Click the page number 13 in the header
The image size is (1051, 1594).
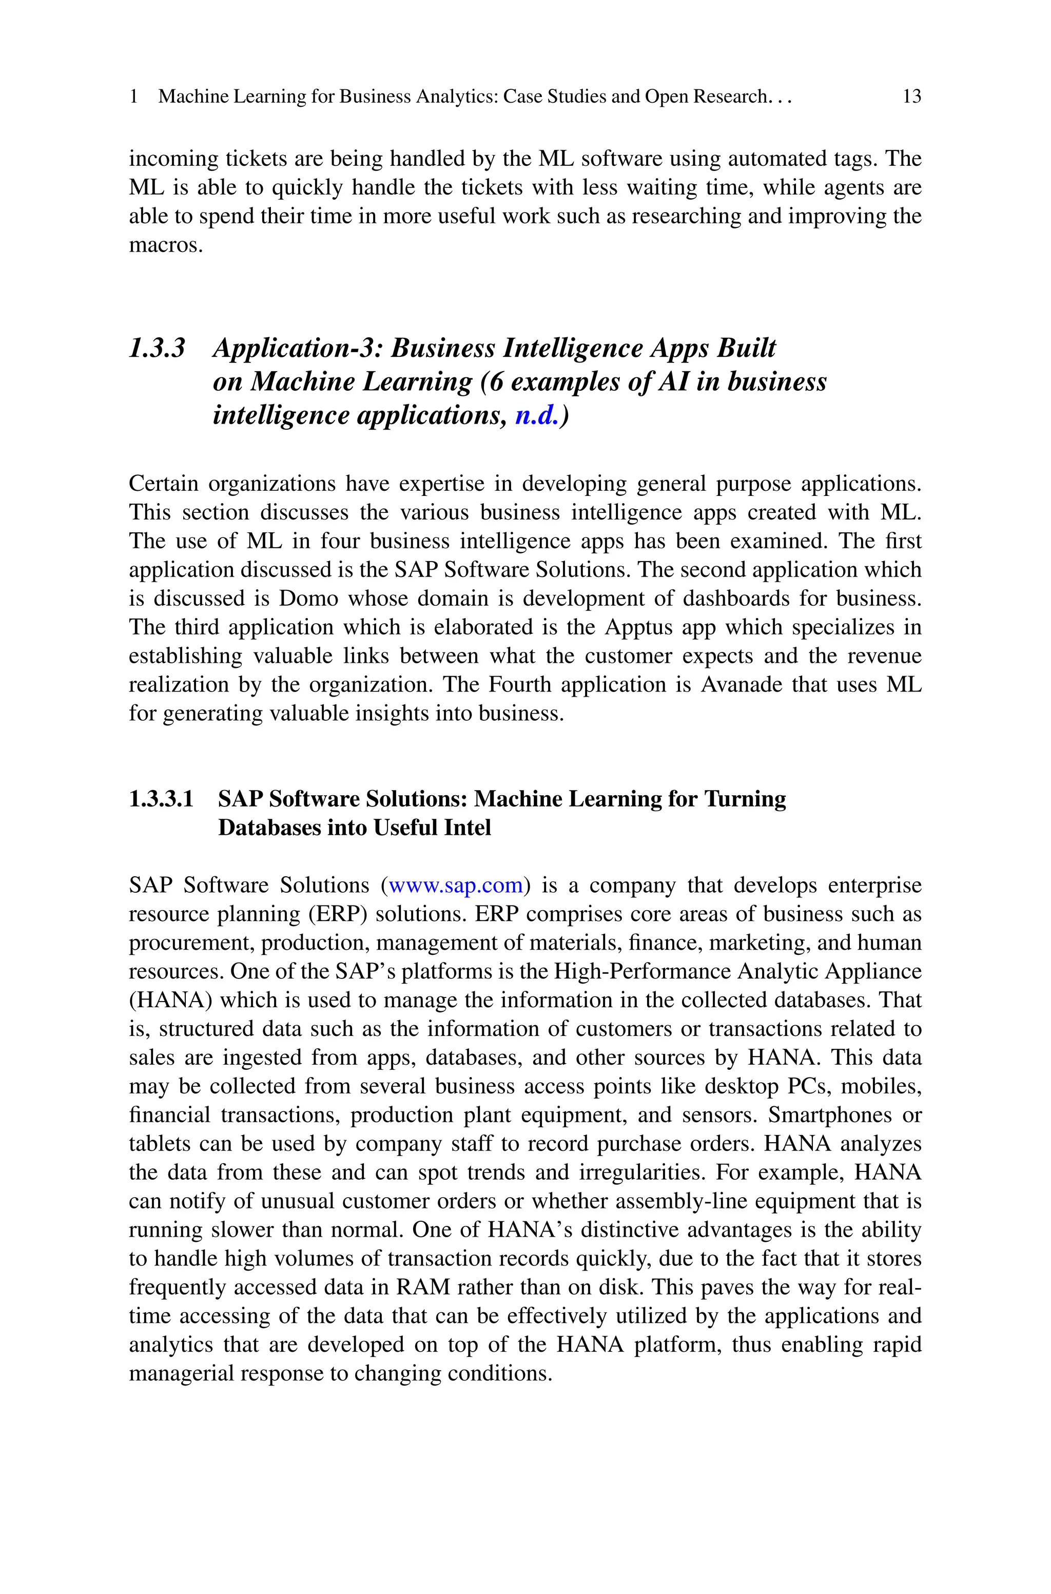pyautogui.click(x=911, y=97)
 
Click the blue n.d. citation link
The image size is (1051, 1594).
pyautogui.click(x=536, y=416)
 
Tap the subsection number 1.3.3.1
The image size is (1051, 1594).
pyautogui.click(x=161, y=799)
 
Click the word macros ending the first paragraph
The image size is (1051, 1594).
pyautogui.click(x=165, y=245)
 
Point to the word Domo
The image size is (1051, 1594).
pyautogui.click(x=308, y=598)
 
